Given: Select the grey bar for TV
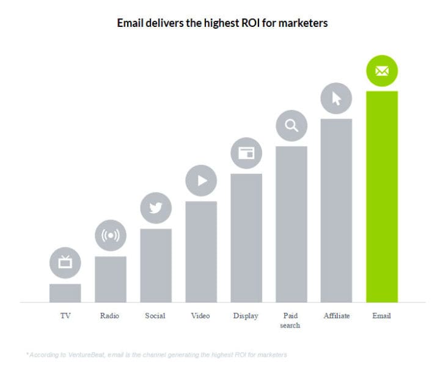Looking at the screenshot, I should [x=65, y=293].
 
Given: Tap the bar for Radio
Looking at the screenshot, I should [x=110, y=279].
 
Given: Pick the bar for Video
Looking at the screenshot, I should [x=200, y=252].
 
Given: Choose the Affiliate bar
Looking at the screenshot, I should [x=336, y=210].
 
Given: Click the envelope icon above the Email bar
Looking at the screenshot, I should [x=381, y=71].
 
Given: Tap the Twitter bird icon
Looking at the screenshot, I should [x=155, y=208].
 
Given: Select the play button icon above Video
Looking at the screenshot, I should [x=200, y=180].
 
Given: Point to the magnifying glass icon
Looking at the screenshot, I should [x=291, y=126].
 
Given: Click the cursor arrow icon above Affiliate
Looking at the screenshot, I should [x=336, y=98].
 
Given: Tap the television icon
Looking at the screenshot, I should [x=65, y=263].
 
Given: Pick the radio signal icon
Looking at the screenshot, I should [x=110, y=235].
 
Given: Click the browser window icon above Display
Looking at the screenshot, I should [x=246, y=153].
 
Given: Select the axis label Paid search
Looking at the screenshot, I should [x=291, y=321].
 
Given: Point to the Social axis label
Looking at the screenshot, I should [x=155, y=316].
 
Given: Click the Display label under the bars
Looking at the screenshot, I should [x=246, y=316].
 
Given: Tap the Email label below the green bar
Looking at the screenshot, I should [x=381, y=316].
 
